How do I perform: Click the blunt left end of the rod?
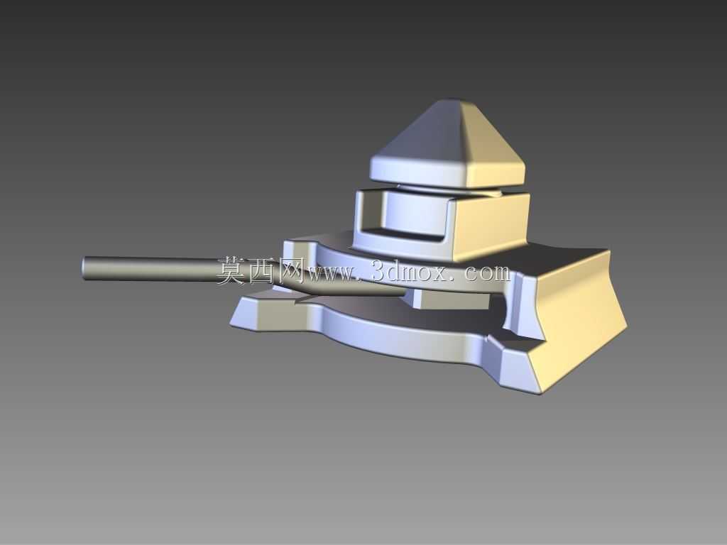point(84,268)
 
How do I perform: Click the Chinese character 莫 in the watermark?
point(231,271)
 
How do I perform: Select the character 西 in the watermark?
point(263,271)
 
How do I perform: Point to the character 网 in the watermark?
point(290,271)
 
